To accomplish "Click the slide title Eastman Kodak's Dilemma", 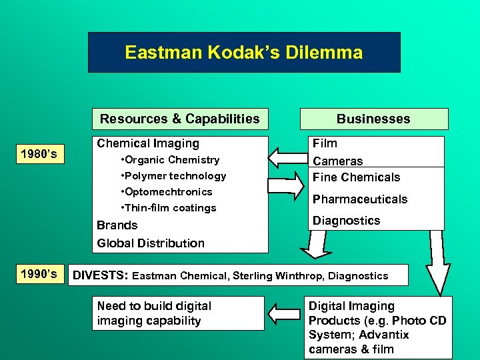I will [244, 53].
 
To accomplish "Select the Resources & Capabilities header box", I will [180, 119].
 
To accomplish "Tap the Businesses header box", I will [373, 119].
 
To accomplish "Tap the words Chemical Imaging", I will [148, 143].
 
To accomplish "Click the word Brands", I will [117, 225].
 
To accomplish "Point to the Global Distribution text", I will [151, 243].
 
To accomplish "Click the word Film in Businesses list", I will [325, 143].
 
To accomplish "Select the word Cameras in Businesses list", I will [338, 161].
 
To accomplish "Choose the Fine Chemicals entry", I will [357, 177].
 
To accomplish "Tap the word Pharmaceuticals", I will [360, 199].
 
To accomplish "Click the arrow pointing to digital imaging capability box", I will [285, 313].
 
